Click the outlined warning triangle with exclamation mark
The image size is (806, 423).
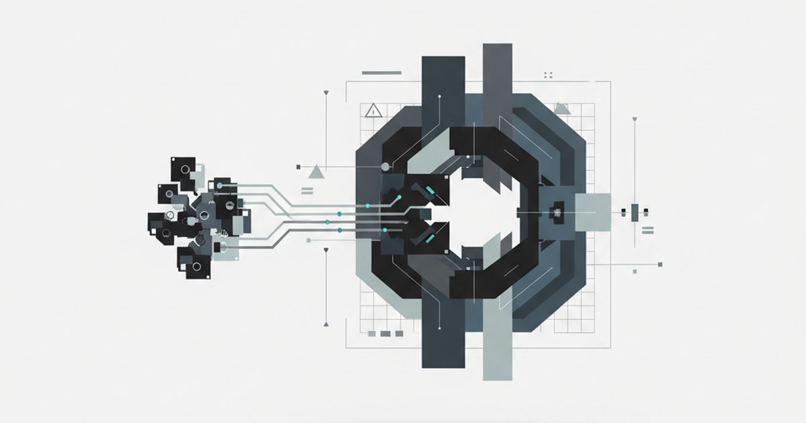pyautogui.click(x=373, y=110)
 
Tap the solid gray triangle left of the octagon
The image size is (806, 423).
pyautogui.click(x=316, y=172)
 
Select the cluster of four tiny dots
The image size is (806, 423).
pyautogui.click(x=548, y=75)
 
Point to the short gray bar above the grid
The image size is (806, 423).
pyautogui.click(x=382, y=73)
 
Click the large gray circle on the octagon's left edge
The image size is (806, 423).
pyautogui.click(x=386, y=166)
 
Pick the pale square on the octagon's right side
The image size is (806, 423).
pyautogui.click(x=593, y=212)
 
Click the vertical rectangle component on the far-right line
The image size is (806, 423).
pyautogui.click(x=635, y=212)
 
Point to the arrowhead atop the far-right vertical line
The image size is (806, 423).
pyautogui.click(x=635, y=120)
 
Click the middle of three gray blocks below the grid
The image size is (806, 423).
pyautogui.click(x=386, y=333)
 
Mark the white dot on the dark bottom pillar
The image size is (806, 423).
pyautogui.click(x=439, y=328)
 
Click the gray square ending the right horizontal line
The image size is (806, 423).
pyautogui.click(x=661, y=264)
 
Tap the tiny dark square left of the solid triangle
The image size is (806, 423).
pyautogui.click(x=299, y=164)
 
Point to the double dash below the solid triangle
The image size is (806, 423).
pyautogui.click(x=308, y=191)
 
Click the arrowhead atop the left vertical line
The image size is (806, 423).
pyautogui.click(x=326, y=92)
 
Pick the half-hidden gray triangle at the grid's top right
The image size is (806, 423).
pyautogui.click(x=562, y=107)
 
